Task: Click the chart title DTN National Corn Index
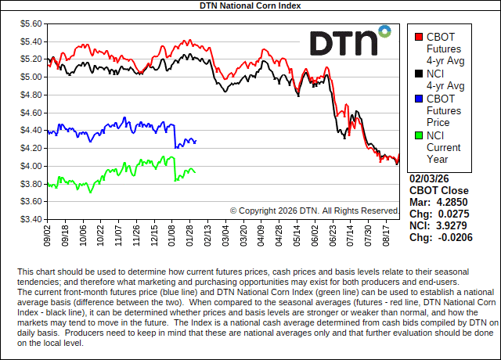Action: (x=250, y=5)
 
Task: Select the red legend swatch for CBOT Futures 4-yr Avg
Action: (x=419, y=36)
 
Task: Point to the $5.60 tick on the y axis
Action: (x=31, y=23)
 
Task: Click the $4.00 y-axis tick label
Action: (x=31, y=166)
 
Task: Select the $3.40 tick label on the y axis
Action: (x=31, y=219)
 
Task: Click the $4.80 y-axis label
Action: (x=31, y=95)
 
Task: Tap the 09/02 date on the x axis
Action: (x=49, y=234)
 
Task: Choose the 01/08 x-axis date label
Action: (x=173, y=234)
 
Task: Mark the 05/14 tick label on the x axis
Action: (x=297, y=234)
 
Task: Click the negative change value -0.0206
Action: (x=457, y=237)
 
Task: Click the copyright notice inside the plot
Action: (x=315, y=211)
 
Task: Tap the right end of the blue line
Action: (x=196, y=141)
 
